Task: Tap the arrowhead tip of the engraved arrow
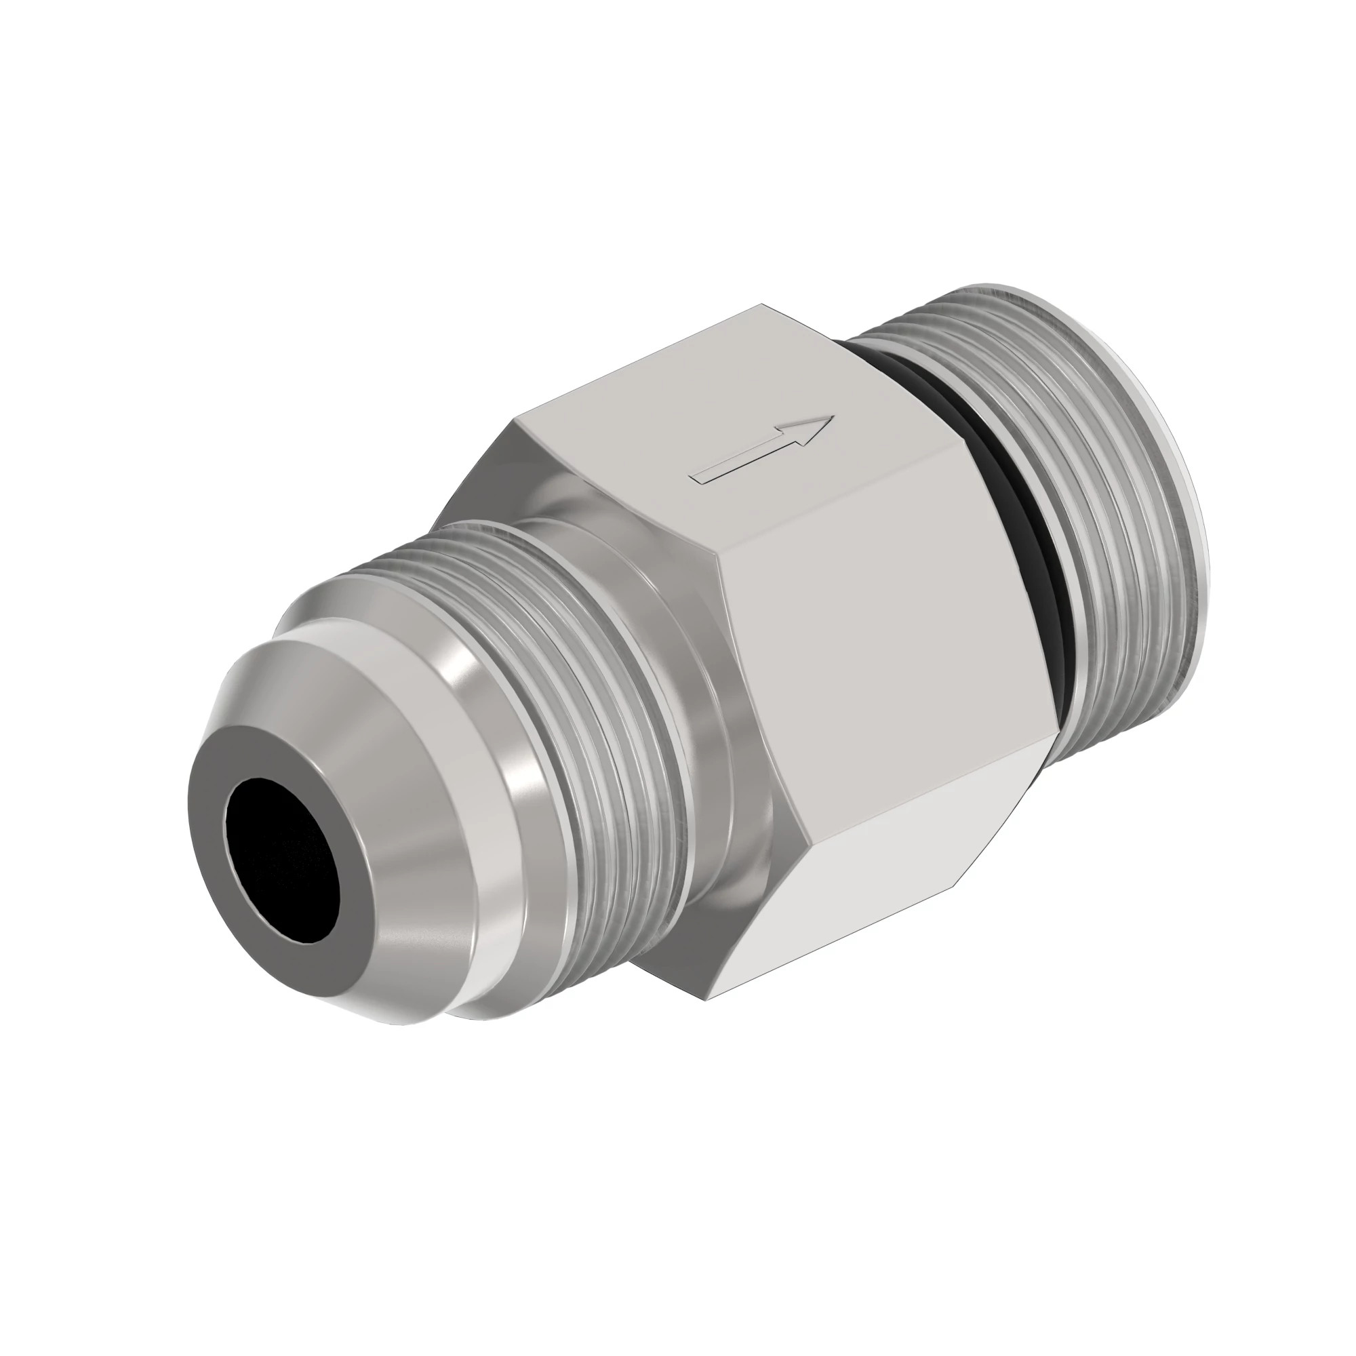(x=833, y=418)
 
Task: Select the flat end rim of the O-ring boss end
(x=1186, y=492)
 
